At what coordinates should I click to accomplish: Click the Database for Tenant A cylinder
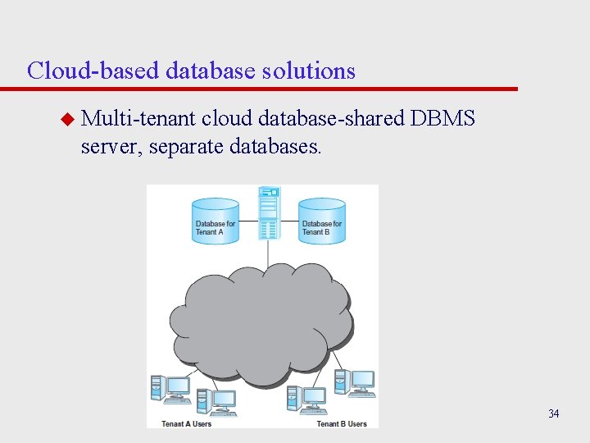pyautogui.click(x=216, y=221)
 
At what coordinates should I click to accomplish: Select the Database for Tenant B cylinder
pyautogui.click(x=322, y=221)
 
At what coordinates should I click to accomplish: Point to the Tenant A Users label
pyautogui.click(x=187, y=423)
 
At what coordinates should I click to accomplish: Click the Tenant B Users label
pyautogui.click(x=342, y=423)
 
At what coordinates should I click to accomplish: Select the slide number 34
pyautogui.click(x=554, y=413)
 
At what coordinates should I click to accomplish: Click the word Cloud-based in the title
pyautogui.click(x=93, y=71)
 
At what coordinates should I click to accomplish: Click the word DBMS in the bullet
pyautogui.click(x=443, y=119)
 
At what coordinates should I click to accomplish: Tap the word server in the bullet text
pyautogui.click(x=112, y=148)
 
